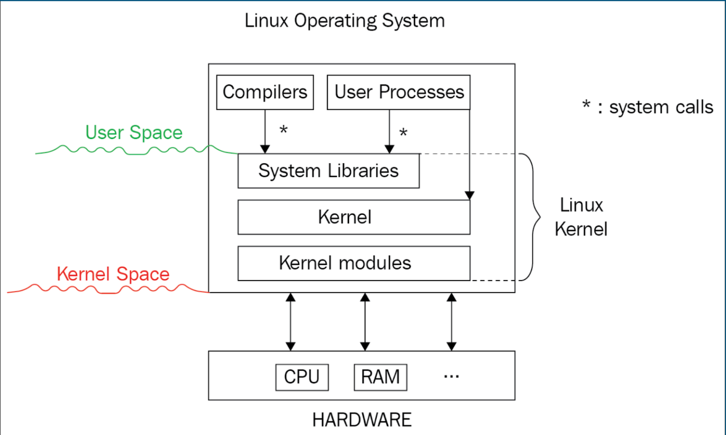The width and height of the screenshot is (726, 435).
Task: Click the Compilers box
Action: [265, 92]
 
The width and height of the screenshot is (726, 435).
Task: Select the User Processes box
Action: [398, 92]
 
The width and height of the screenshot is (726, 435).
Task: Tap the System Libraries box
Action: [328, 171]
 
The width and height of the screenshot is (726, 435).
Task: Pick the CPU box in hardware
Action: [302, 377]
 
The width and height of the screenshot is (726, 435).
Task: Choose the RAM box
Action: [380, 377]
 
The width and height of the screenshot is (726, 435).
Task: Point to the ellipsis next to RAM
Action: [451, 376]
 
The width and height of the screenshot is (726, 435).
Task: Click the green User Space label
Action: [134, 132]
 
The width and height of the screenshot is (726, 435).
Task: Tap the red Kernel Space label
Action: [113, 274]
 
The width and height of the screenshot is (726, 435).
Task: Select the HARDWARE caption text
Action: [362, 419]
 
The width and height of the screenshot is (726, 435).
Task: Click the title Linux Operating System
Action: [344, 21]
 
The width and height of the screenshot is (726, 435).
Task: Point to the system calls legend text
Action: [648, 107]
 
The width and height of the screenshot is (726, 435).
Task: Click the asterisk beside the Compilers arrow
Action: [283, 130]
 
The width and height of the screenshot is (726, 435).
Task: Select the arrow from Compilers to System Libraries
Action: [265, 131]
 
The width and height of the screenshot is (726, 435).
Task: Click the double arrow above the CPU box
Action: [290, 322]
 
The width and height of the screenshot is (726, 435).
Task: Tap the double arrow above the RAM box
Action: [365, 322]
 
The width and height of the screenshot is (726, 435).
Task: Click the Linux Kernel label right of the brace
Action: [581, 217]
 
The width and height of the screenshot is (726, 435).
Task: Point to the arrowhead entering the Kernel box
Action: [469, 195]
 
